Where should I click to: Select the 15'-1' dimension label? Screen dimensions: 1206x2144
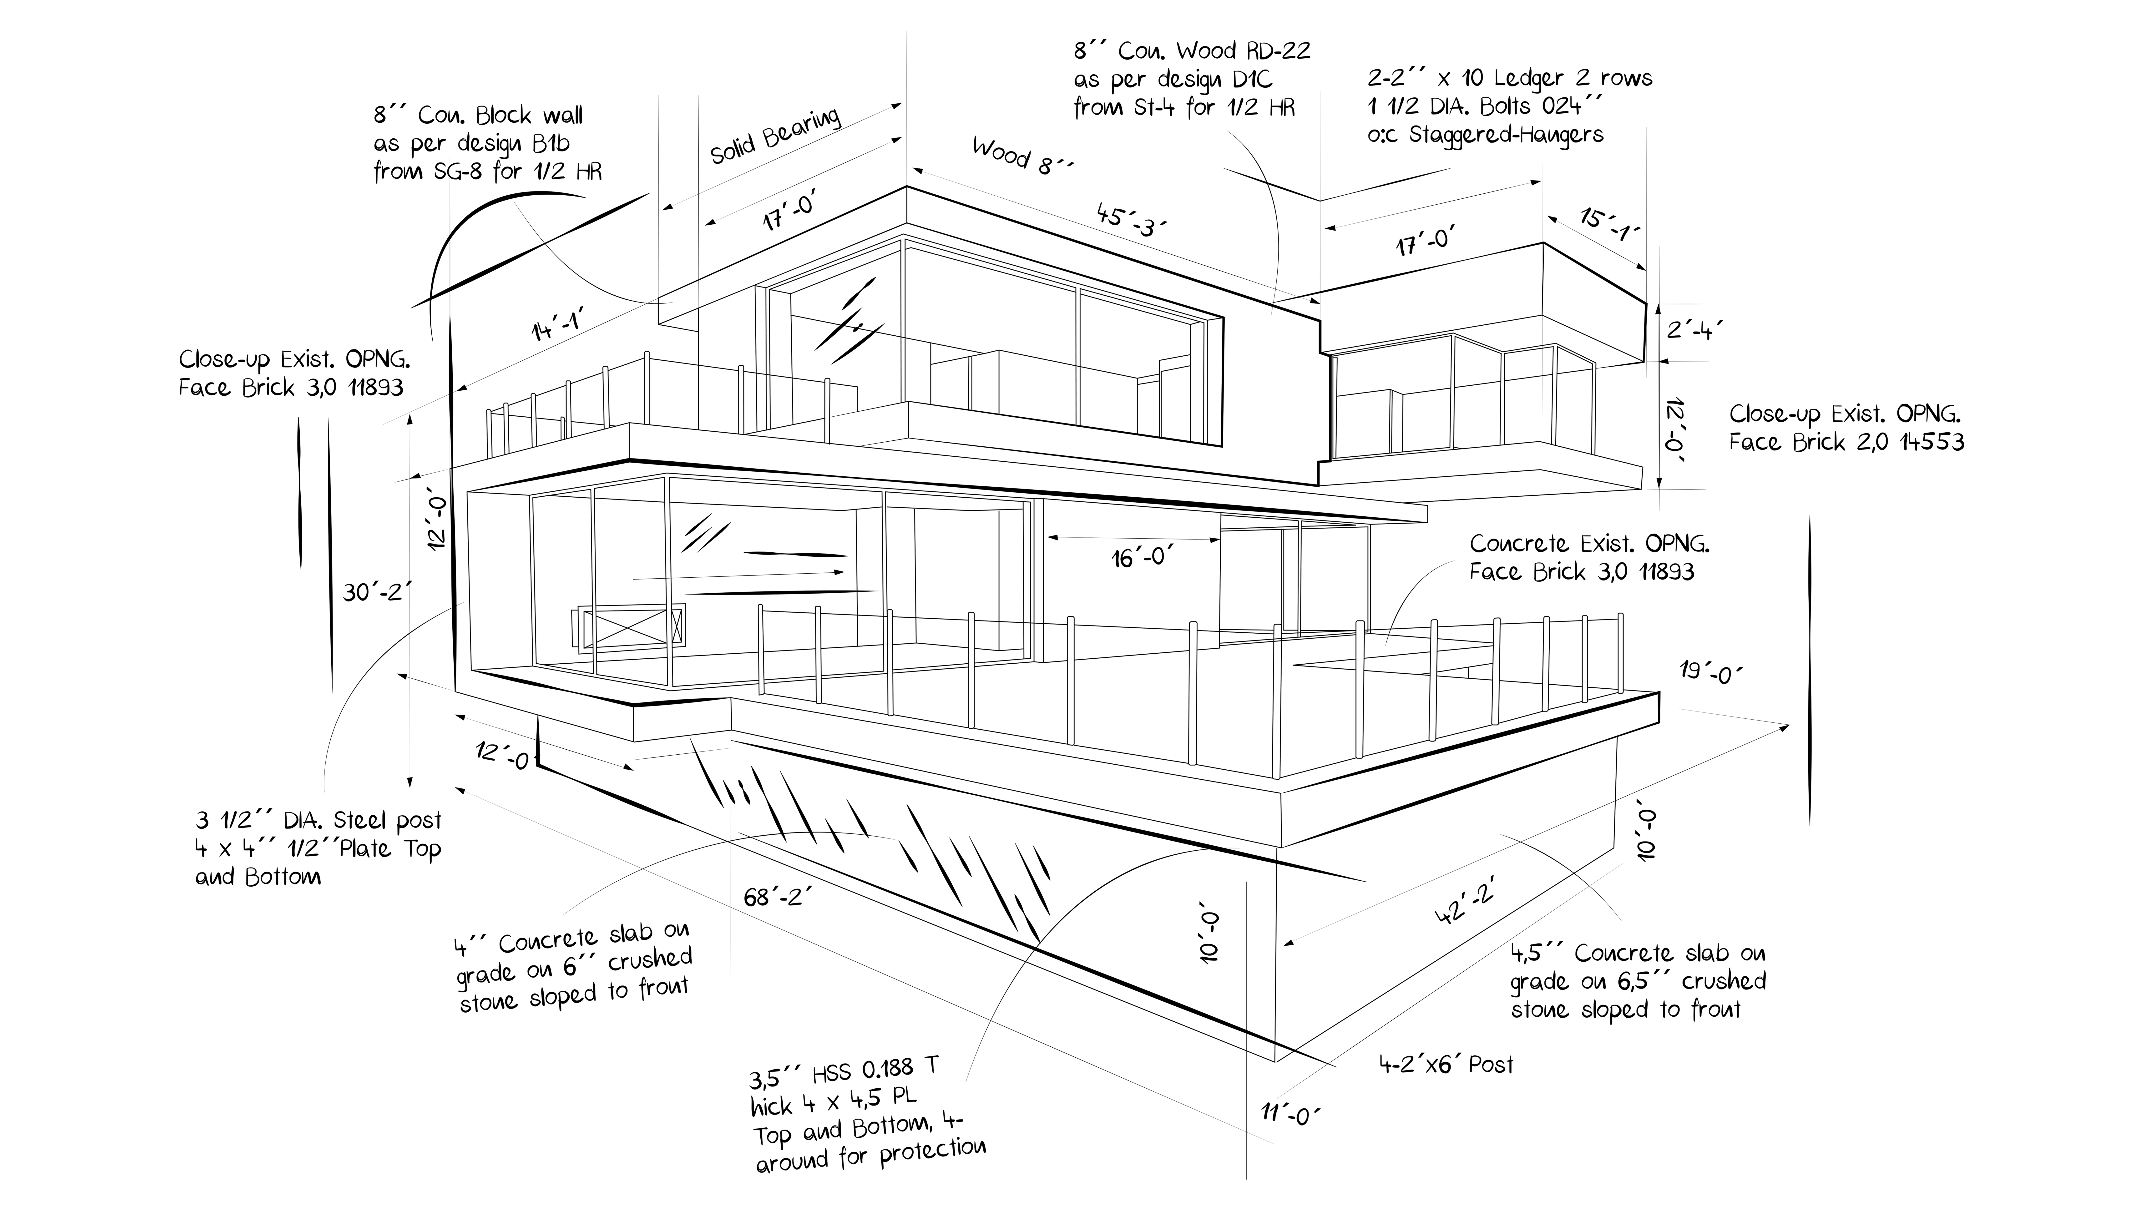click(1609, 225)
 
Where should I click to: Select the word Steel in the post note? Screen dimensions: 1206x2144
click(359, 821)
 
